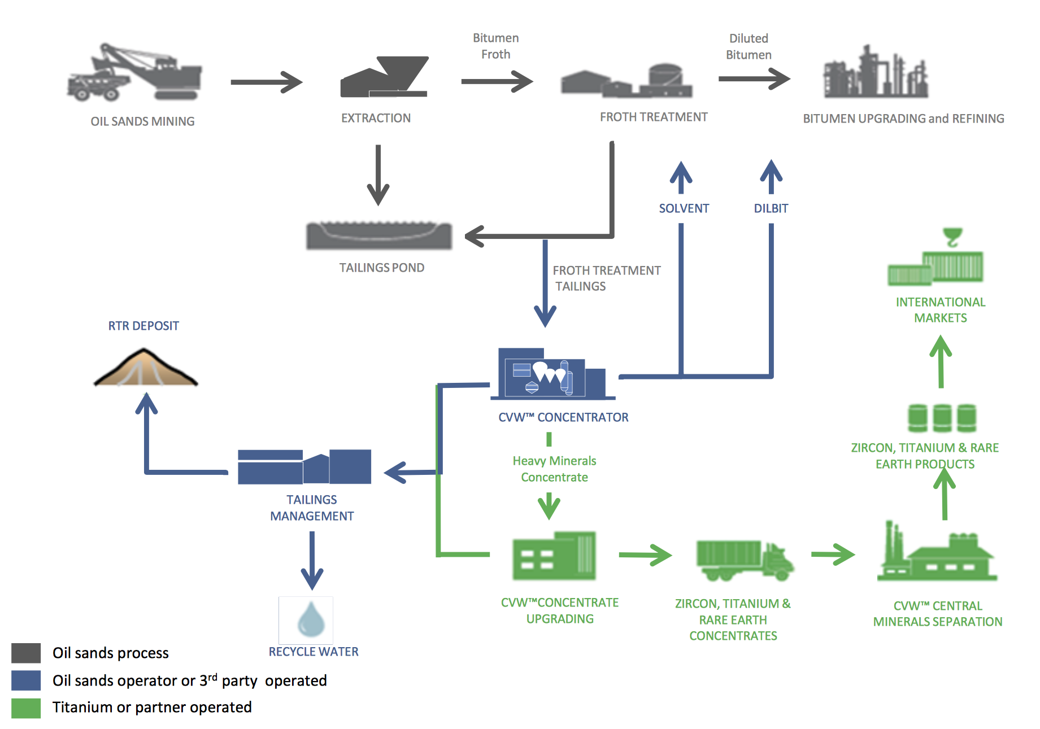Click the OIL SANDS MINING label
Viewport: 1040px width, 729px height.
point(142,121)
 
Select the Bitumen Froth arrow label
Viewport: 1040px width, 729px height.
point(495,46)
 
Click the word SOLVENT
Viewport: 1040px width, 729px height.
point(684,208)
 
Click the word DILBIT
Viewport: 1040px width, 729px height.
point(771,208)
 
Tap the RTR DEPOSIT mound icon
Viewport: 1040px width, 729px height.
point(145,370)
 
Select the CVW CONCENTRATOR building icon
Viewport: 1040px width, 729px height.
point(551,376)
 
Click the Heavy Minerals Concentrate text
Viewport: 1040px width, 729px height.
point(554,469)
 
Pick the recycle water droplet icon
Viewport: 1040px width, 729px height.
point(310,619)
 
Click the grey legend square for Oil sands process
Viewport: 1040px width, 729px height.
point(26,653)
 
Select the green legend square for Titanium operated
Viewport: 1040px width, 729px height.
point(26,708)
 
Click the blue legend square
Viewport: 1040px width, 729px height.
point(26,680)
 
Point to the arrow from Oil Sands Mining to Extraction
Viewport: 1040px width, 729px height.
point(266,82)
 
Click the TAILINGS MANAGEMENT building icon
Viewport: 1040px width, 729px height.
point(304,468)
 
